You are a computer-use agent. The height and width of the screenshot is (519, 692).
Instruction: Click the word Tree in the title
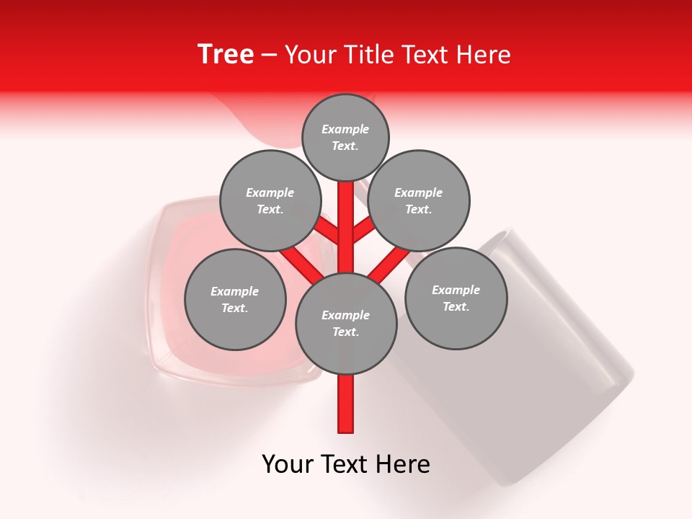point(226,55)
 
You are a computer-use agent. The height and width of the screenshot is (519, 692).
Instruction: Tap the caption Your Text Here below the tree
point(346,464)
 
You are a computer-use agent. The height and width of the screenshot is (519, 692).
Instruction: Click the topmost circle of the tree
point(345,137)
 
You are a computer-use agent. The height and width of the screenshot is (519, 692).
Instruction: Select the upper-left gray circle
point(270,201)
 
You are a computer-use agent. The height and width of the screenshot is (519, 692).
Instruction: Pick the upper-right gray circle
point(419,201)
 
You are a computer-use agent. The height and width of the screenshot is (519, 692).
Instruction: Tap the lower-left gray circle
point(235,299)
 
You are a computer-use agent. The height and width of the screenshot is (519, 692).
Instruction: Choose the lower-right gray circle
point(456,298)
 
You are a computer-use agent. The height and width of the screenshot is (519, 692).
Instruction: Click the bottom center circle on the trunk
point(346,324)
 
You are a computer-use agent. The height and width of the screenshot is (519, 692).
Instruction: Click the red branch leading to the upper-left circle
point(327,231)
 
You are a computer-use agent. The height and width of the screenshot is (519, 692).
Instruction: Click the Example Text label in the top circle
point(345,137)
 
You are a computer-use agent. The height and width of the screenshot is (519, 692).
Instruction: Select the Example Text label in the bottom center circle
point(346,324)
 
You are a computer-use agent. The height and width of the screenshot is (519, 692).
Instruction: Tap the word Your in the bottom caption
point(288,464)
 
